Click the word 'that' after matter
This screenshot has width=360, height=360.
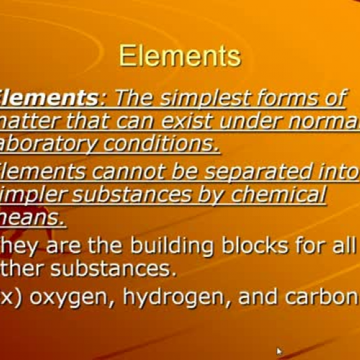point(84,122)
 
